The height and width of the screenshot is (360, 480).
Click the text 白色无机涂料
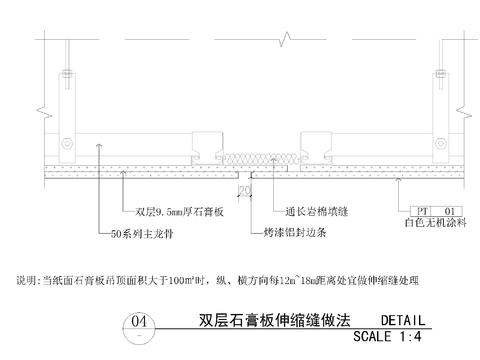(437, 224)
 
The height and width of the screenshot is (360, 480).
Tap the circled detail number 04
(139, 322)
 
